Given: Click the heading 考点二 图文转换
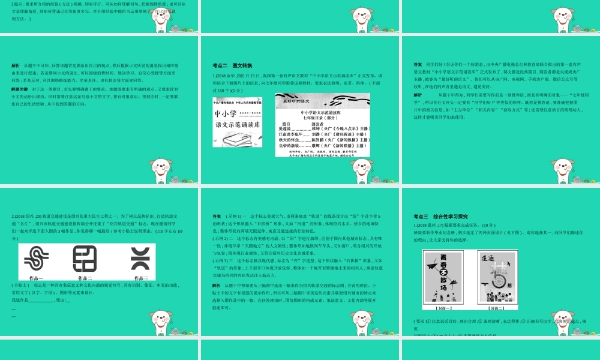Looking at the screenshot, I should (x=228, y=65).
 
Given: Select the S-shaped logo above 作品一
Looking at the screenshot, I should (x=37, y=260).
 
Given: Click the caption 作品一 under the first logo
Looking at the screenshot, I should (x=37, y=278).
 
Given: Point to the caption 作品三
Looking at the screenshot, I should (x=140, y=278).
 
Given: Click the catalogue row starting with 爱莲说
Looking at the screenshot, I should (x=324, y=128).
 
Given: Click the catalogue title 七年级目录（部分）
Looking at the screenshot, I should (x=324, y=117).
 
